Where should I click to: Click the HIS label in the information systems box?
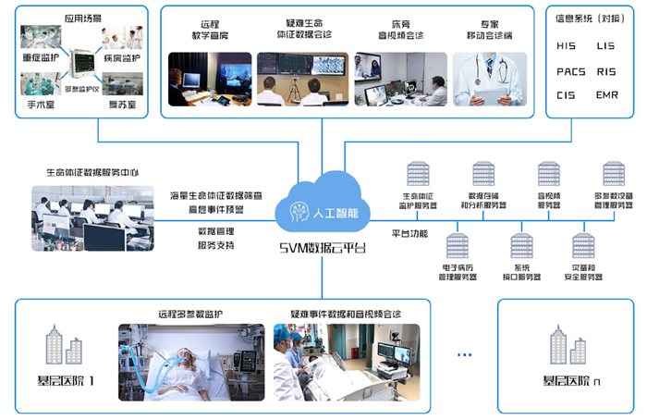point(567,45)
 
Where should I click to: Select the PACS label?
point(570,70)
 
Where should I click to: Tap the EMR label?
point(607,94)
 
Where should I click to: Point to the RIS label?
point(607,70)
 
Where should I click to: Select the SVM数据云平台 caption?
point(323,248)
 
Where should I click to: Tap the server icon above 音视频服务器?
point(550,175)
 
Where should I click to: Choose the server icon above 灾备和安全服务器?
point(583,246)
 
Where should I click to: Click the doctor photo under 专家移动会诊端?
point(490,80)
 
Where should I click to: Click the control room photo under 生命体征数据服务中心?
point(84,217)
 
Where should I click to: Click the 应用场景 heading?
point(82,17)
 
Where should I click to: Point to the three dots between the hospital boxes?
point(464,354)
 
